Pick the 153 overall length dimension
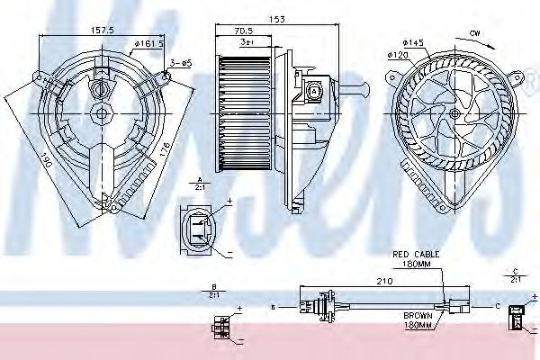pyautogui.click(x=278, y=19)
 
